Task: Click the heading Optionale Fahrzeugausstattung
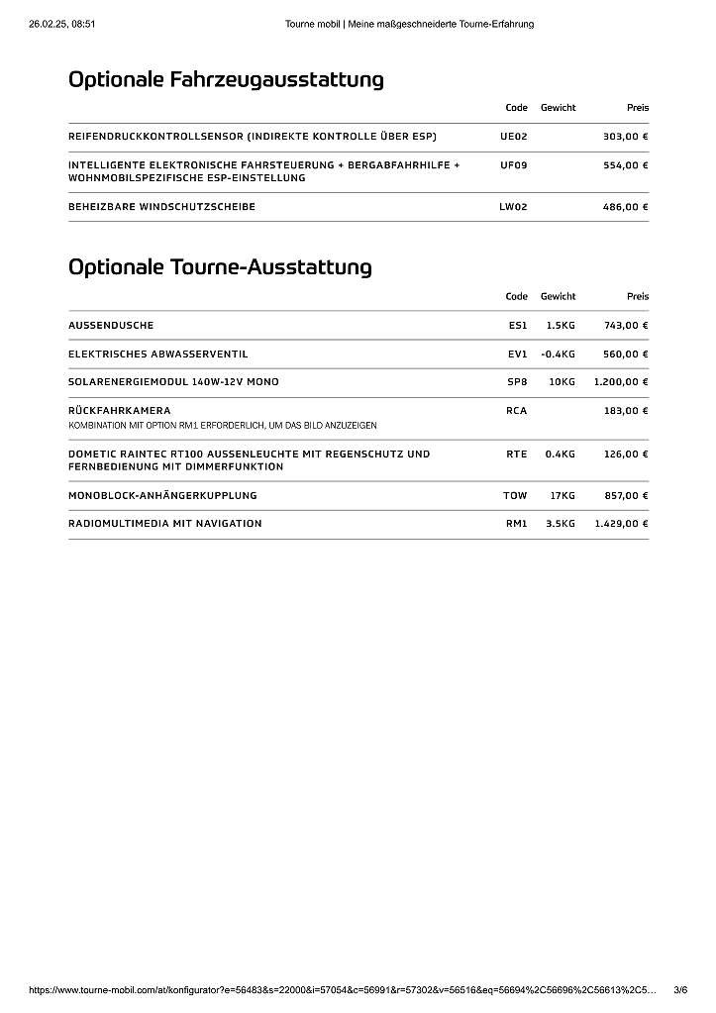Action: tap(226, 80)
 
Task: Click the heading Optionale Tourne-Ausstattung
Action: tap(220, 267)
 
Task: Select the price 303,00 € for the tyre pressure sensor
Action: tap(625, 137)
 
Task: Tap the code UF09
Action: tap(514, 165)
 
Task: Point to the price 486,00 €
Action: tap(625, 207)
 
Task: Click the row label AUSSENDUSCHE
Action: tap(111, 325)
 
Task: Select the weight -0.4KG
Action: tap(559, 354)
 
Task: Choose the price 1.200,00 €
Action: tap(621, 382)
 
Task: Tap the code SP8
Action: tap(517, 382)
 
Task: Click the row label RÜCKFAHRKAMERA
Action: tap(119, 411)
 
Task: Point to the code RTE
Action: tap(516, 455)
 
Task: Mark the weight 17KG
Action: tap(563, 496)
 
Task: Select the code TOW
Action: tap(515, 496)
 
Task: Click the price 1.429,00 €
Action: tap(621, 524)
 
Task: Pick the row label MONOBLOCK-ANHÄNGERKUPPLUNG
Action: tap(162, 496)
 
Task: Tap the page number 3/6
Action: tap(680, 989)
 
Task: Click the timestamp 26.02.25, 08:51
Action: tap(61, 24)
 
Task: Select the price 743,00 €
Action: tap(625, 325)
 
